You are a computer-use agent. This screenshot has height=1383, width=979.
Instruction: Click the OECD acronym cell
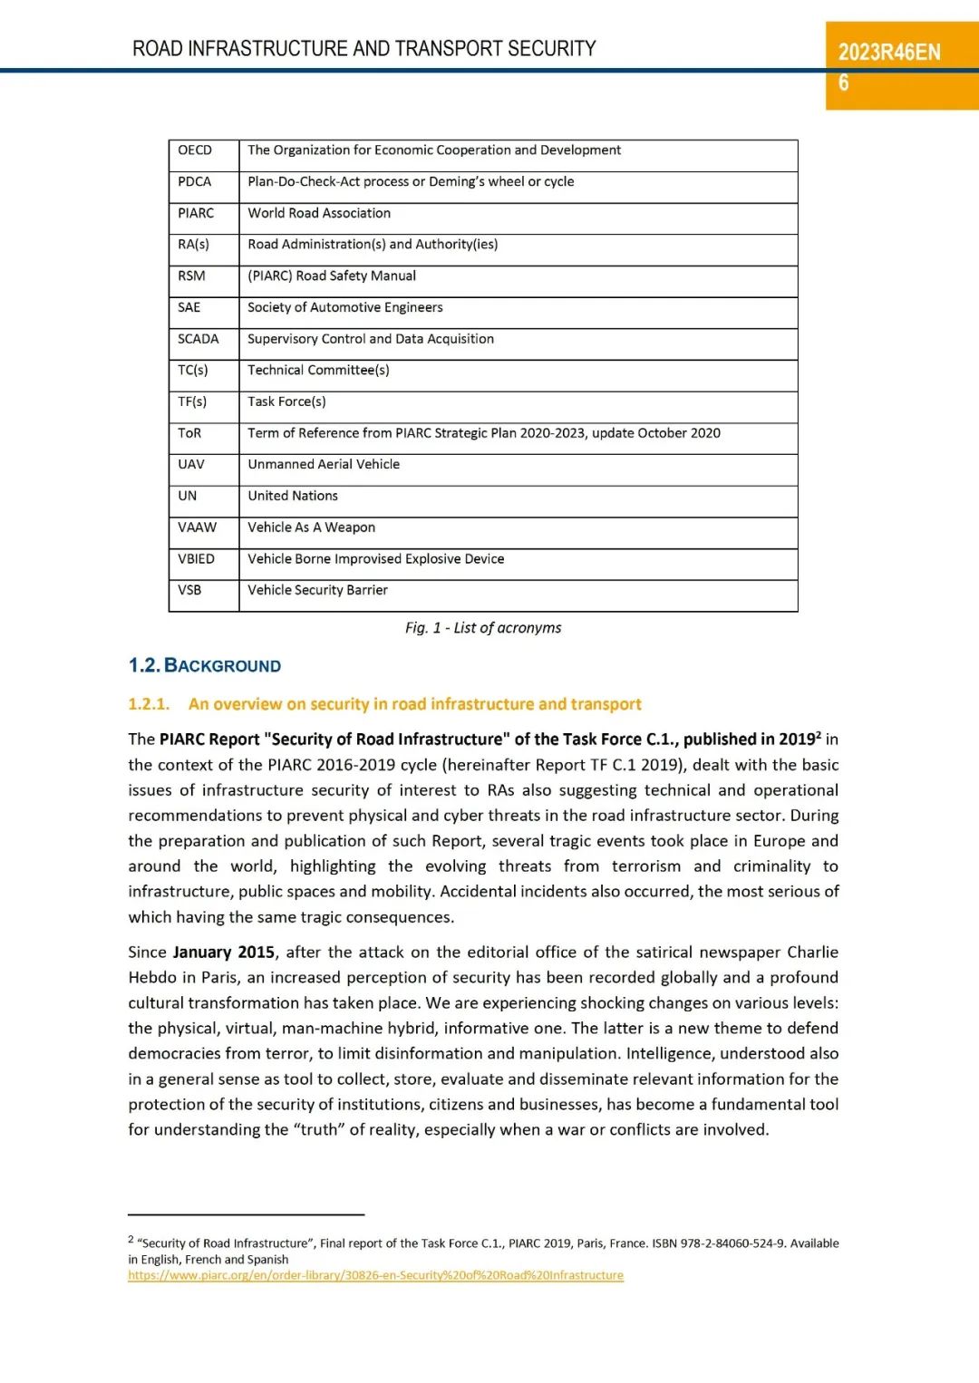click(x=195, y=150)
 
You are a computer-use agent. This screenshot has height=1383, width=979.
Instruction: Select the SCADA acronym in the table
click(x=199, y=339)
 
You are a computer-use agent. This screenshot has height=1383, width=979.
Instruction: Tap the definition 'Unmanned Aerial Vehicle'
click(x=324, y=464)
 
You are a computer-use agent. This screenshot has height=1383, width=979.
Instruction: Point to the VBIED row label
click(x=197, y=559)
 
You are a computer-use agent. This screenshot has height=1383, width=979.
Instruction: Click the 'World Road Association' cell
click(x=319, y=213)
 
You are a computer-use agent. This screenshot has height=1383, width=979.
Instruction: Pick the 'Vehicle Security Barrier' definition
click(x=317, y=590)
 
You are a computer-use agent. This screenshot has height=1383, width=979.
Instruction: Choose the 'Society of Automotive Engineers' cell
click(x=345, y=307)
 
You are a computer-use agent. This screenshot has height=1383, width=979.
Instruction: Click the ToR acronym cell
click(x=189, y=433)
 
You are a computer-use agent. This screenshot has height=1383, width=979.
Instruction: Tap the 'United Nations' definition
click(x=293, y=496)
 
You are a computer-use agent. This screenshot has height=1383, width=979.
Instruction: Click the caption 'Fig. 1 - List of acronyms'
click(x=483, y=628)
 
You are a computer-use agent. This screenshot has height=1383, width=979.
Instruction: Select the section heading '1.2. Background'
click(x=205, y=666)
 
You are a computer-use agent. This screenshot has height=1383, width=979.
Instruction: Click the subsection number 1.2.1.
click(x=149, y=704)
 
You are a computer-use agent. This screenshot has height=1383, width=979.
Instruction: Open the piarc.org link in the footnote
click(x=375, y=1275)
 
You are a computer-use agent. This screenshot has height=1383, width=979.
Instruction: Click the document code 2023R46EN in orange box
click(x=889, y=52)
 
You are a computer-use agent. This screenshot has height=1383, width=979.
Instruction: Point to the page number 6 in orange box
click(x=844, y=83)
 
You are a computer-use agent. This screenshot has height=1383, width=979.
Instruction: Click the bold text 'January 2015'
click(x=224, y=953)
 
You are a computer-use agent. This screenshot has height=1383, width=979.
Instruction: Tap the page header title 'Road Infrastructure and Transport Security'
click(x=364, y=48)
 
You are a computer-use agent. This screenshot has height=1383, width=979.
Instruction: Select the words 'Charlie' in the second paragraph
click(x=812, y=953)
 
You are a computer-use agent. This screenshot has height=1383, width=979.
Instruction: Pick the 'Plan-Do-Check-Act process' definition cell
click(x=411, y=181)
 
